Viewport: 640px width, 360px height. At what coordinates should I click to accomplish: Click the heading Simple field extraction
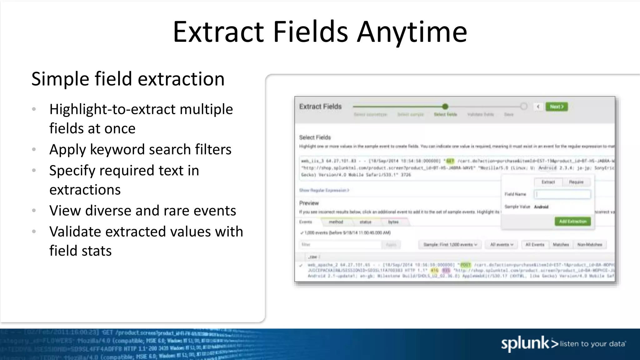(x=128, y=79)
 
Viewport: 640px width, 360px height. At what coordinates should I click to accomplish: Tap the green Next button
(x=556, y=107)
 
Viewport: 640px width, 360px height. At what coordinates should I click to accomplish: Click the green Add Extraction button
(x=572, y=221)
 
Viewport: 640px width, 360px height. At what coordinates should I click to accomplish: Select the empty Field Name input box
(x=562, y=194)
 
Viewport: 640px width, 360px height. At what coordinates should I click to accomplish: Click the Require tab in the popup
(x=576, y=182)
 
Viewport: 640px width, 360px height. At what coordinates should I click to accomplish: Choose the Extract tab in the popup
(x=548, y=182)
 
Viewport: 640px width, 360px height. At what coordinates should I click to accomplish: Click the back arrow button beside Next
(x=538, y=107)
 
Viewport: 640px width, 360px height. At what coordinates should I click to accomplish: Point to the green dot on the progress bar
(x=445, y=107)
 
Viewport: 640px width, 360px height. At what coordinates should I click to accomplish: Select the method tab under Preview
(x=336, y=222)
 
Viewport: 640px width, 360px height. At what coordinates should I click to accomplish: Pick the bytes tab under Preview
(x=393, y=222)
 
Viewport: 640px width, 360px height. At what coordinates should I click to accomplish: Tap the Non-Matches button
(x=589, y=244)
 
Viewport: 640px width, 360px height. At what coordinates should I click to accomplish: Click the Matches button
(x=561, y=244)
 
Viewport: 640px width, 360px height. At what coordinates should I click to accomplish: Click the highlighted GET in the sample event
(x=450, y=161)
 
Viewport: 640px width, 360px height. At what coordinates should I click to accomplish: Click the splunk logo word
(x=525, y=343)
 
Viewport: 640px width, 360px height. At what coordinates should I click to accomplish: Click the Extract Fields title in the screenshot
(x=320, y=107)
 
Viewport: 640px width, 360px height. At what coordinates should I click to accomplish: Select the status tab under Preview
(x=365, y=222)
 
